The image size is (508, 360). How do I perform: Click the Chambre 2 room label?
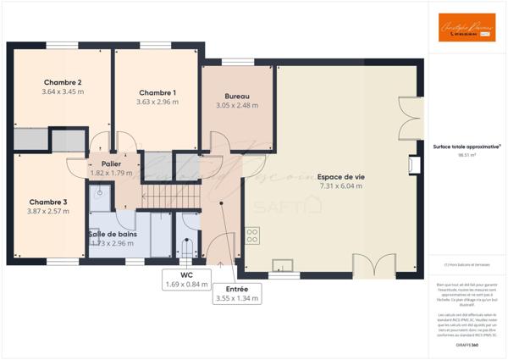(x=62, y=82)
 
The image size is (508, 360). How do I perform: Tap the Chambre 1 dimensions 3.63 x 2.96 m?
(x=157, y=102)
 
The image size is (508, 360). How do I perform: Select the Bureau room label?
(x=237, y=96)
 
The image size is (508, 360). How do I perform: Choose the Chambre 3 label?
(x=48, y=202)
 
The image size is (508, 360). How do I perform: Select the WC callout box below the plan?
(x=185, y=280)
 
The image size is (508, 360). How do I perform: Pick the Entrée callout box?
(x=237, y=293)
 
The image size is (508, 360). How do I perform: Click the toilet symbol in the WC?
(x=187, y=246)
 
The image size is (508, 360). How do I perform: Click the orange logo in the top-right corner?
(x=461, y=29)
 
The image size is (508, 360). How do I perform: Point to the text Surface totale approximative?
(x=466, y=147)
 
